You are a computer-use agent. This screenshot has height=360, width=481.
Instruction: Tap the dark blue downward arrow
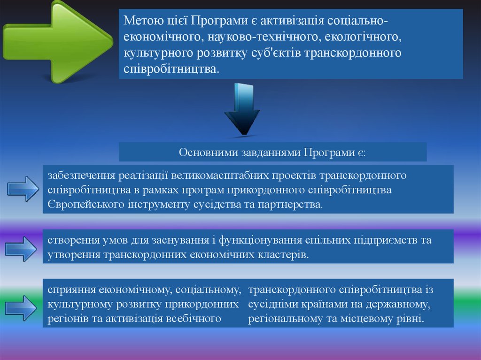tap(243, 109)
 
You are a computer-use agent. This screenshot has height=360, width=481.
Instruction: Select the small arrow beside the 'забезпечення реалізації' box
tap(23, 189)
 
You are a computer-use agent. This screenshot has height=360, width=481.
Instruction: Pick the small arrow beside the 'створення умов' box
tap(21, 249)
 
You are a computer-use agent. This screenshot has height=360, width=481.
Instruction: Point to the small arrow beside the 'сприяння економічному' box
tap(21, 308)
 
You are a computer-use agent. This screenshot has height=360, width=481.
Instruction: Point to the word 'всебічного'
tap(194, 319)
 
